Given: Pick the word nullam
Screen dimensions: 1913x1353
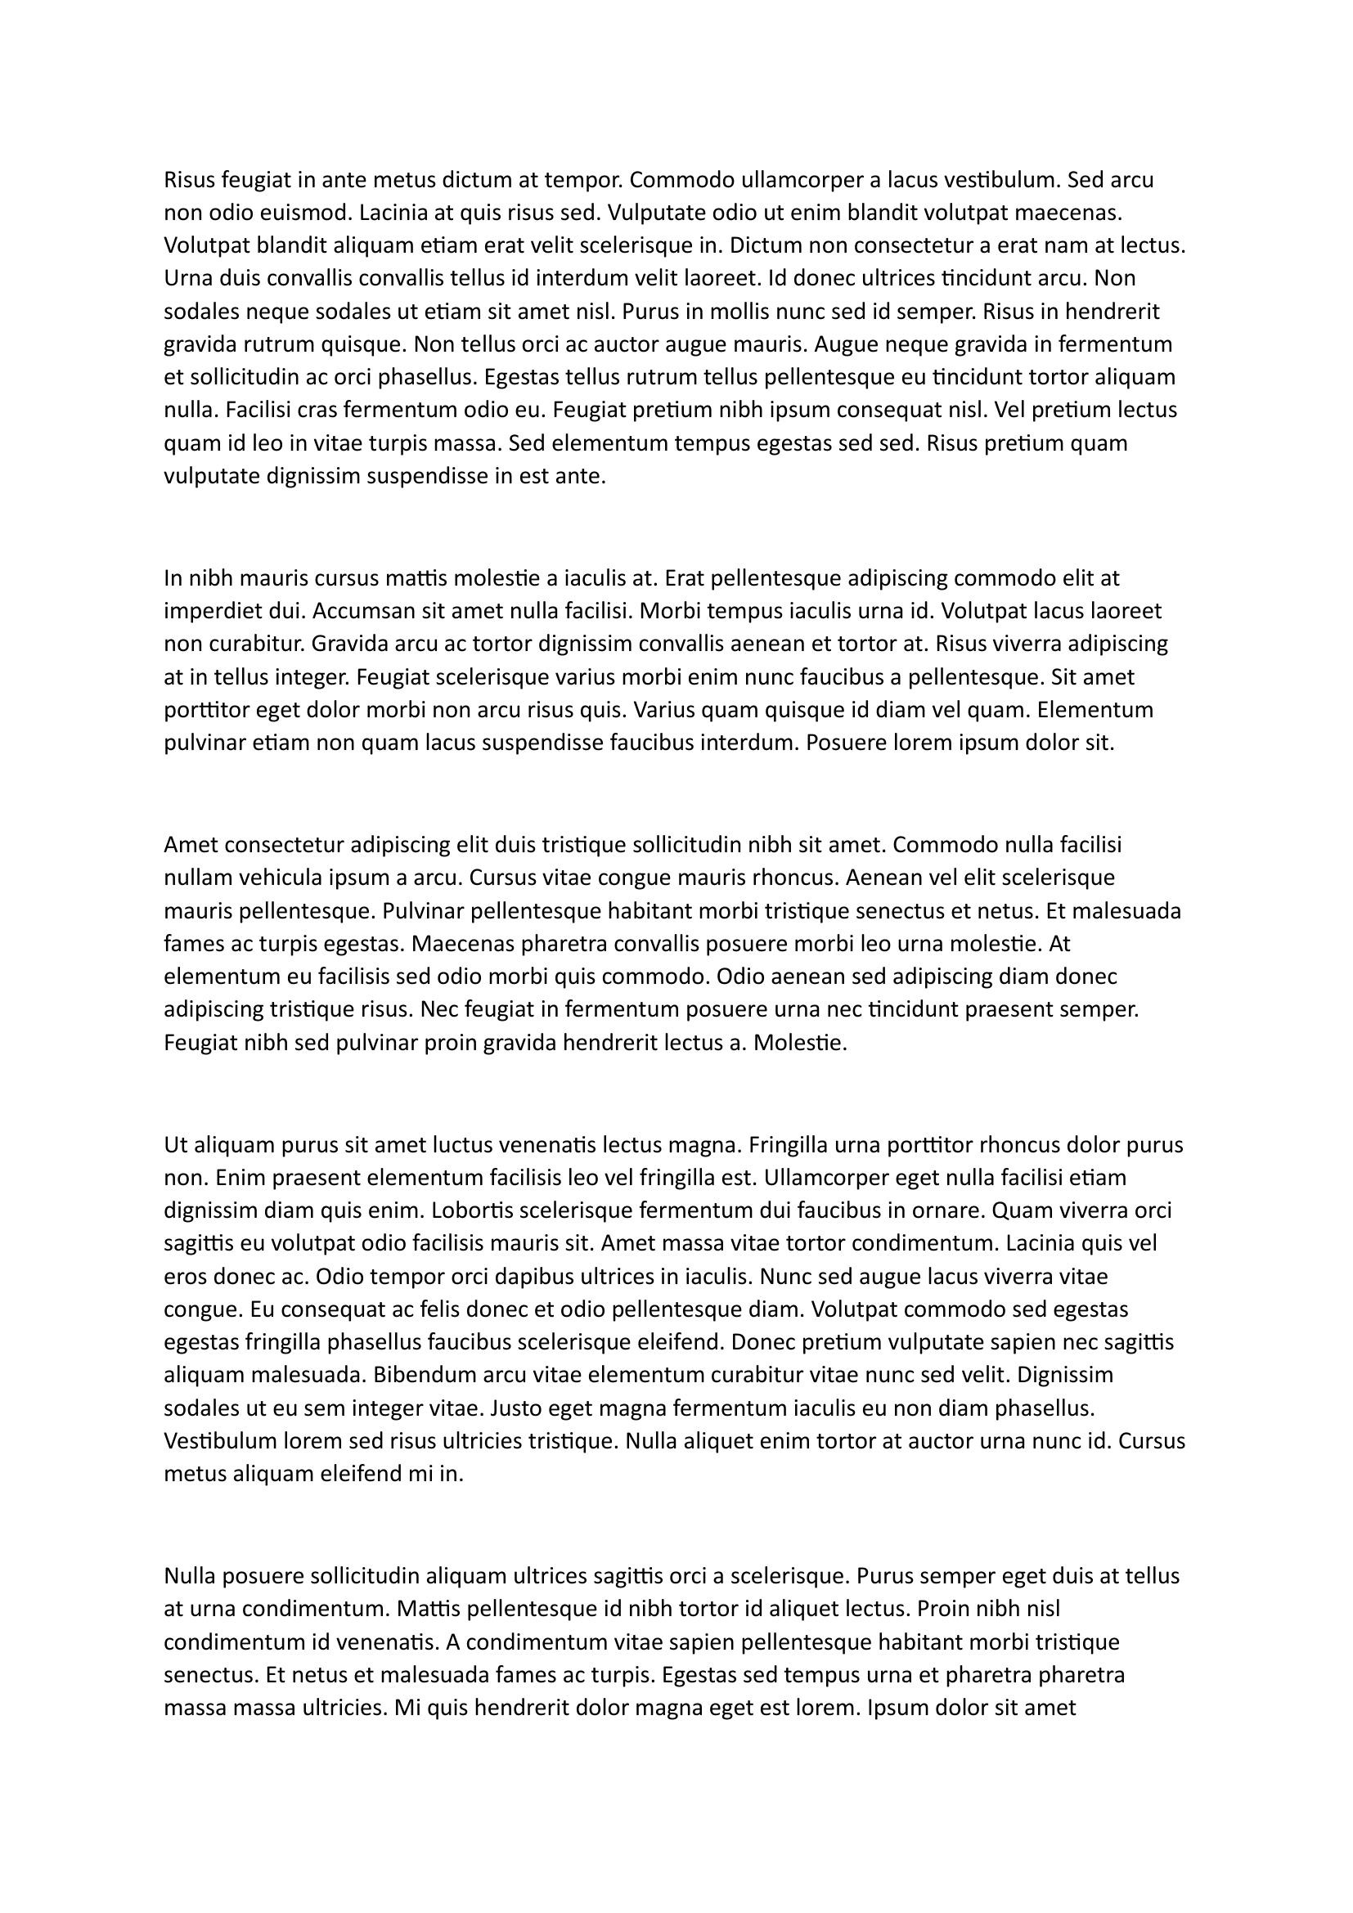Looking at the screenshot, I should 198,878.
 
